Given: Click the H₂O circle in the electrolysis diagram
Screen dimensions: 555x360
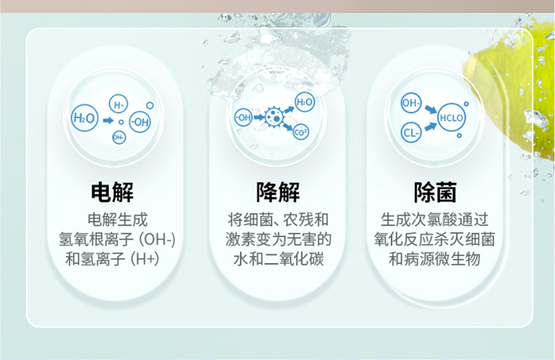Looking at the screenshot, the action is pyautogui.click(x=84, y=117).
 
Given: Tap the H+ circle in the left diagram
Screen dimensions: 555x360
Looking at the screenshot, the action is pyautogui.click(x=118, y=104).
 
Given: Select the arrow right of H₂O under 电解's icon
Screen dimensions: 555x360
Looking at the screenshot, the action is pyautogui.click(x=108, y=120).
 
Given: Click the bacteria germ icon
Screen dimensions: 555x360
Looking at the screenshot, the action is pyautogui.click(x=274, y=117).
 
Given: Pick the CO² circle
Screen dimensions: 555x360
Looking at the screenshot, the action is pyautogui.click(x=301, y=132).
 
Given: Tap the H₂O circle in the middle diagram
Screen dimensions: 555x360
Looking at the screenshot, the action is pyautogui.click(x=304, y=102).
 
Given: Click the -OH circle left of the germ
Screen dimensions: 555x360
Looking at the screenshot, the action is pyautogui.click(x=244, y=117).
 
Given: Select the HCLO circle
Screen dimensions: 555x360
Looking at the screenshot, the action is pyautogui.click(x=451, y=117).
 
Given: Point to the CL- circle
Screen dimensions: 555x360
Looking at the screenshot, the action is pyautogui.click(x=411, y=133).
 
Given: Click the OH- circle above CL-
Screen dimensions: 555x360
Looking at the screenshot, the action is pyautogui.click(x=411, y=103).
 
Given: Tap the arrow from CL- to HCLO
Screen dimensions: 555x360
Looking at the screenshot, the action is pyautogui.click(x=430, y=126).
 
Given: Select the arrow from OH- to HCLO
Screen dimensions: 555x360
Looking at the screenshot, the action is pyautogui.click(x=431, y=109).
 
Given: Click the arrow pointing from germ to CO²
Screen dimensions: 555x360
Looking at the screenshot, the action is pyautogui.click(x=288, y=127).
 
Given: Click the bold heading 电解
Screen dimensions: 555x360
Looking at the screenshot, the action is pyautogui.click(x=112, y=192).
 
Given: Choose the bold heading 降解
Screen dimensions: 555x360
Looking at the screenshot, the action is pyautogui.click(x=278, y=192).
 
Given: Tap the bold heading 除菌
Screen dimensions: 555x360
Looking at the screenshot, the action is pyautogui.click(x=436, y=192).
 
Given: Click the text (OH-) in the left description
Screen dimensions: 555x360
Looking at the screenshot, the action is pyautogui.click(x=157, y=240).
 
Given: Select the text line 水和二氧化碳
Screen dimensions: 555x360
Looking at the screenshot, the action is pyautogui.click(x=278, y=259).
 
